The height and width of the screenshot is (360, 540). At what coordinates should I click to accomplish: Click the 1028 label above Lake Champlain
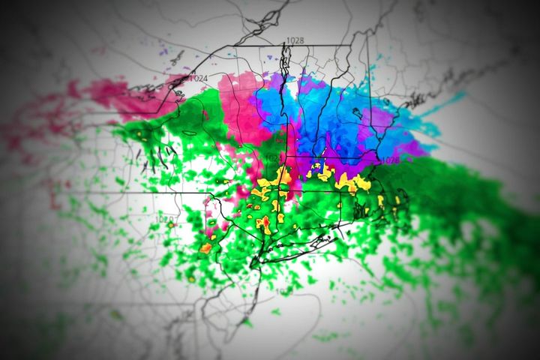point(295,40)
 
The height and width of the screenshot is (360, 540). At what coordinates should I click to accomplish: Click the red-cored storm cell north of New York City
point(263,222)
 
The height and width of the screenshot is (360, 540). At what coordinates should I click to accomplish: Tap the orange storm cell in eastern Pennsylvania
point(205,247)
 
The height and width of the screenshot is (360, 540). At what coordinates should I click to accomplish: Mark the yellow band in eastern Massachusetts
point(352,181)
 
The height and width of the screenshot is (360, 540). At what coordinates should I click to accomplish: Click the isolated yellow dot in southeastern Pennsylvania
point(192,278)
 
